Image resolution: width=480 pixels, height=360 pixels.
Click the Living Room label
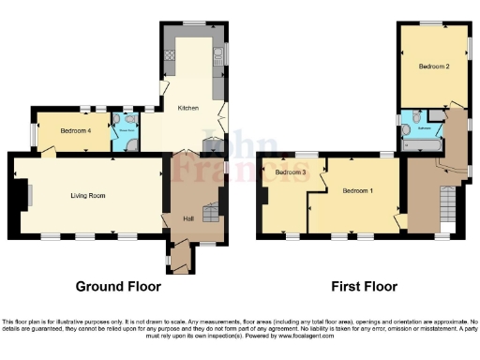(86, 195)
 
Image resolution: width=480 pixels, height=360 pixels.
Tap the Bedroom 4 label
(77, 131)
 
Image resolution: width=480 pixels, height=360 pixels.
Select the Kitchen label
(188, 109)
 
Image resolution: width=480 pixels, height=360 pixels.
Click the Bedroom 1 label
(357, 190)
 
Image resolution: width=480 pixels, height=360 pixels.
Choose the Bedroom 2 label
(434, 67)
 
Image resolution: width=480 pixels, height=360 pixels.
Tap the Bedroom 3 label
(292, 172)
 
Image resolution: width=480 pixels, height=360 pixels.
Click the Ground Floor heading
(118, 286)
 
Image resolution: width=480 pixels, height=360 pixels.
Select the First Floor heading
(364, 286)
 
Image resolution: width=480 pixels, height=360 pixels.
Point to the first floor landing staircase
(448, 208)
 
